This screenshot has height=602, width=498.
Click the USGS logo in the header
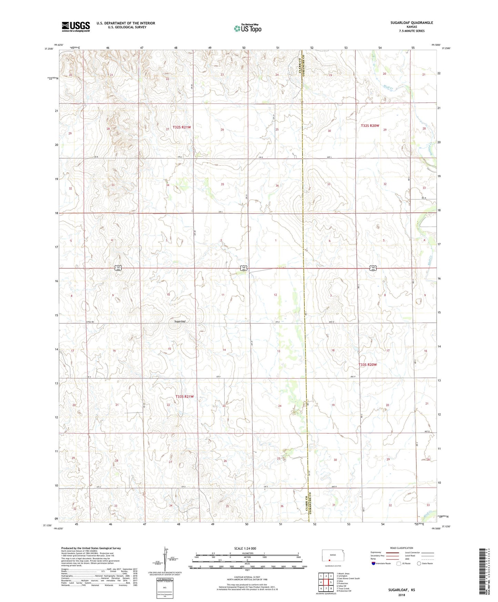tap(76, 26)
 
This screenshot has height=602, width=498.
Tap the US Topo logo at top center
tap(247, 28)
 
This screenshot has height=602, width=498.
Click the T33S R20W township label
tap(368, 365)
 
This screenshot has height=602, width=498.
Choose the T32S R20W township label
tap(370, 126)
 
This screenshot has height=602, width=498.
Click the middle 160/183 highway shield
tap(244, 268)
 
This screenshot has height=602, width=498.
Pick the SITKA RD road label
tap(91, 322)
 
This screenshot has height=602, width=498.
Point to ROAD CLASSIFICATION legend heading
tap(402, 548)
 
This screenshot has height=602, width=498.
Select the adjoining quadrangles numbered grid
tap(326, 582)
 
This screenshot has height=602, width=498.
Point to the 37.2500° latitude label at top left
tap(49, 49)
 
